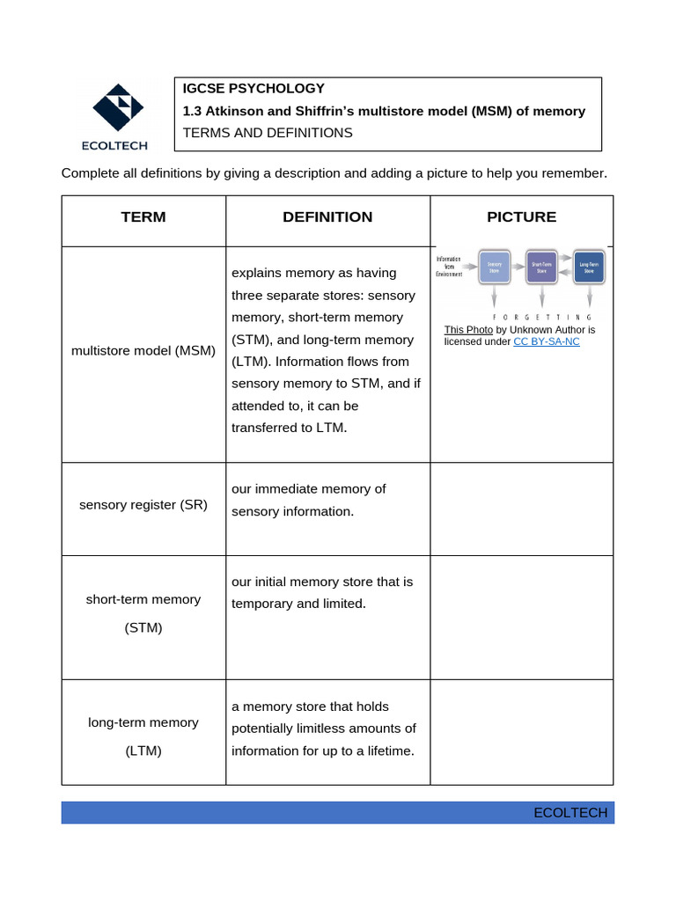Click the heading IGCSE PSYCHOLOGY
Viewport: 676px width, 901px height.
[x=253, y=88]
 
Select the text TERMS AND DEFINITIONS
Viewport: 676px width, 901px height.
[x=268, y=133]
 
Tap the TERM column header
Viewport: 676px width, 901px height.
[x=143, y=216]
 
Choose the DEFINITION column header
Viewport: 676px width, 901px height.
[x=327, y=216]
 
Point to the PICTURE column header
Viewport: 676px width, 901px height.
[x=521, y=216]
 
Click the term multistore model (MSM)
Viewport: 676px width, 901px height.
[x=143, y=350]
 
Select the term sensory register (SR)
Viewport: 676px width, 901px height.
[x=143, y=505]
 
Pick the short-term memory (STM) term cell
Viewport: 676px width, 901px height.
[x=143, y=613]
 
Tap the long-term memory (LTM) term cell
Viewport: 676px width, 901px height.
[x=143, y=736]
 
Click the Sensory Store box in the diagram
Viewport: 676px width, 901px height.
[x=494, y=267]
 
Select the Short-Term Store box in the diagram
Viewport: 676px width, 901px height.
[x=541, y=267]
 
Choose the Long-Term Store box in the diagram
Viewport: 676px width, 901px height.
[x=589, y=267]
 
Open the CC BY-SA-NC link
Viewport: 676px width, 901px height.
[x=547, y=341]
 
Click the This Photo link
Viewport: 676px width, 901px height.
[x=468, y=330]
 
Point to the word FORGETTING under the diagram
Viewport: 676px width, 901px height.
[x=541, y=316]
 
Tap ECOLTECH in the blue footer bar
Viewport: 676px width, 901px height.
[x=570, y=812]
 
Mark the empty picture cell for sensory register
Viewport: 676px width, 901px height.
[x=521, y=509]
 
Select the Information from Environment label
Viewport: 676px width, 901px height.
[x=449, y=267]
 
